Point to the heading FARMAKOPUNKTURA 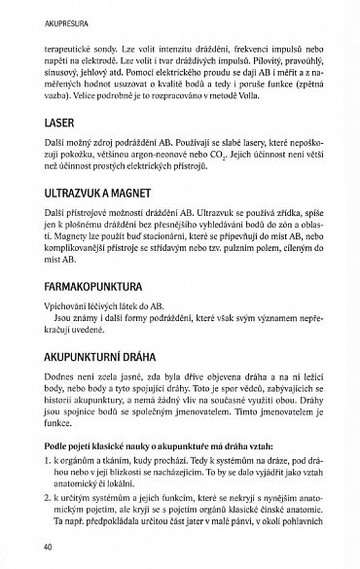coord(90,290)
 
